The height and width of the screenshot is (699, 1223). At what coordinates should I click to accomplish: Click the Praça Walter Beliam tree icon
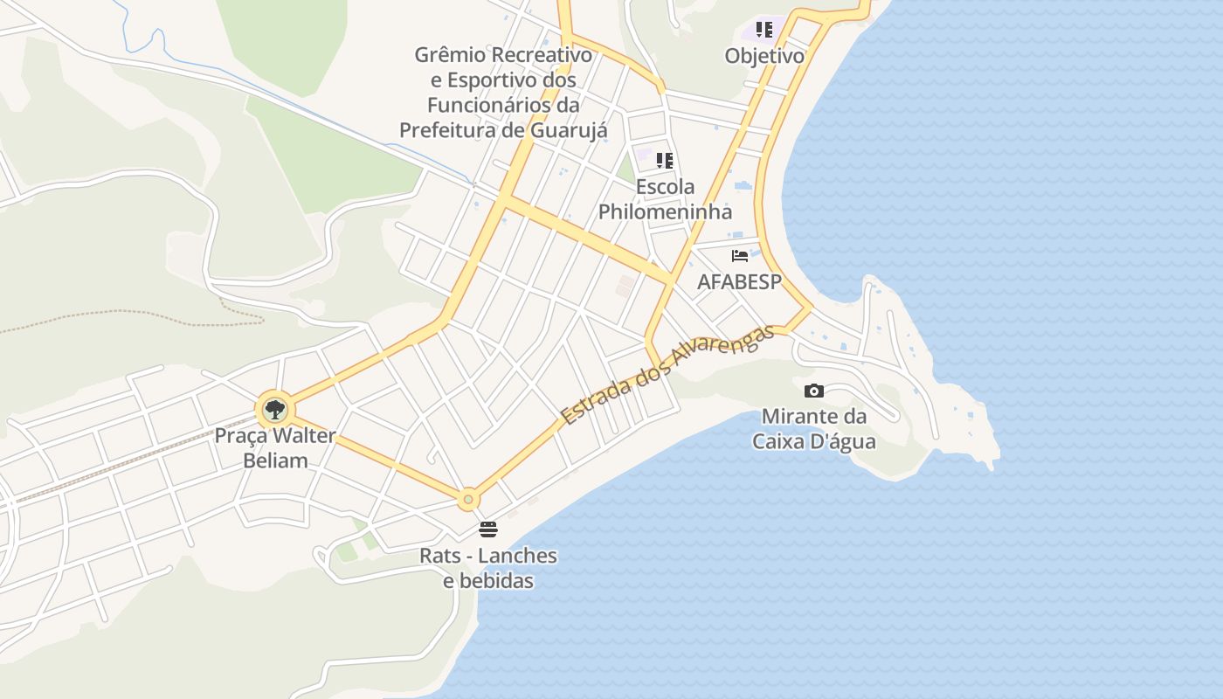tap(275, 408)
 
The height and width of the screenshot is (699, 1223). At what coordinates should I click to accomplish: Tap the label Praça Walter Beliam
tap(275, 447)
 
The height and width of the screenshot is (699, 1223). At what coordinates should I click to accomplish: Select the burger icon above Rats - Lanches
tap(488, 529)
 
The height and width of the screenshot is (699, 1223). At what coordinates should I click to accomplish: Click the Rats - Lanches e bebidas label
tap(488, 568)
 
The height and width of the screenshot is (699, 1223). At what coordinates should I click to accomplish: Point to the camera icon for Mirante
tap(813, 391)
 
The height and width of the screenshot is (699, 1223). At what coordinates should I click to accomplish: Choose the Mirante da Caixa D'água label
tap(814, 428)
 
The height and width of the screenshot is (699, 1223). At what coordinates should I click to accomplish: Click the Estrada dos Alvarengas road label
tap(667, 375)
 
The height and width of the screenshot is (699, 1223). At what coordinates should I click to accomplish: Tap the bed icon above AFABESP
tap(740, 256)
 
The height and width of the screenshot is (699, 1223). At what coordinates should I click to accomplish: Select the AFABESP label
tap(739, 281)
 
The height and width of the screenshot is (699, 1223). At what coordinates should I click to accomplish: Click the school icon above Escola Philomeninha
tap(665, 161)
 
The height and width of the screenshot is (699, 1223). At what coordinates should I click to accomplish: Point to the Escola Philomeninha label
tap(665, 199)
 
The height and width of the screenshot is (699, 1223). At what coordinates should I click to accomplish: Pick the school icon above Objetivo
tap(764, 31)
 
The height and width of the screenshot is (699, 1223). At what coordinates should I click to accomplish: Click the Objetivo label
tap(764, 56)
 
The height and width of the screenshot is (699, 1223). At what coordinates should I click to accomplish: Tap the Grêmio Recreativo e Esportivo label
tap(503, 92)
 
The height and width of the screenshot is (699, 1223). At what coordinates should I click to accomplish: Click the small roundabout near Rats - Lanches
tap(468, 500)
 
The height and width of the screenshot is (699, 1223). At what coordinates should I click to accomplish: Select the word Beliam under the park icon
tap(275, 460)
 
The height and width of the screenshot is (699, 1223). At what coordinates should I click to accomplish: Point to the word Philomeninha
tap(665, 211)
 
